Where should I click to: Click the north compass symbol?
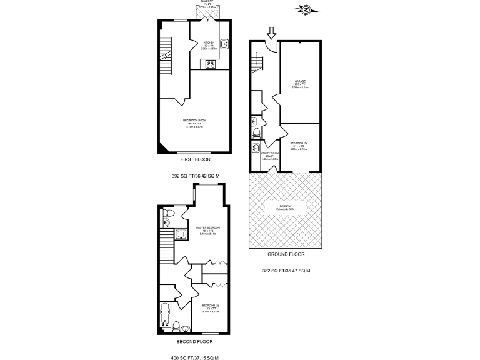pos(305,9)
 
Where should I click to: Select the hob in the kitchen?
pos(209,62)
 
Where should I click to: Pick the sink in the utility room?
pos(256,148)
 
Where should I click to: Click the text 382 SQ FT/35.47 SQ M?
pos(286,271)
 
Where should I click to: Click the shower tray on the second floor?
pos(181,234)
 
